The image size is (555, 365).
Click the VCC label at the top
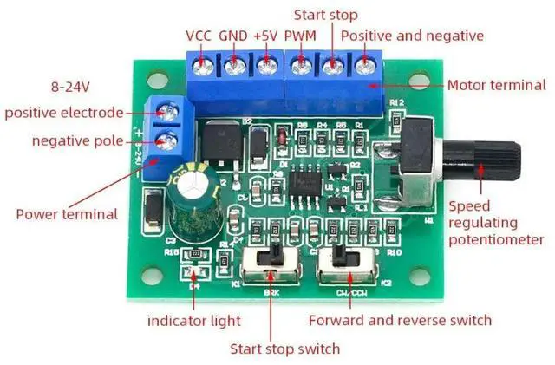(x=199, y=36)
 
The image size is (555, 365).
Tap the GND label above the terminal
(x=232, y=36)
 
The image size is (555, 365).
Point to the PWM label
(x=300, y=36)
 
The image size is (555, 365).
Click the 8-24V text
(x=72, y=88)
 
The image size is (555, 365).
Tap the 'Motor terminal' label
(x=496, y=85)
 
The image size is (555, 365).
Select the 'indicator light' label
(x=194, y=321)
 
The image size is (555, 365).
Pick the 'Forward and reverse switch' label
(x=401, y=320)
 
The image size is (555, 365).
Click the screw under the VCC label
(x=203, y=64)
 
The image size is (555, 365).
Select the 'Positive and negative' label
(x=412, y=36)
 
